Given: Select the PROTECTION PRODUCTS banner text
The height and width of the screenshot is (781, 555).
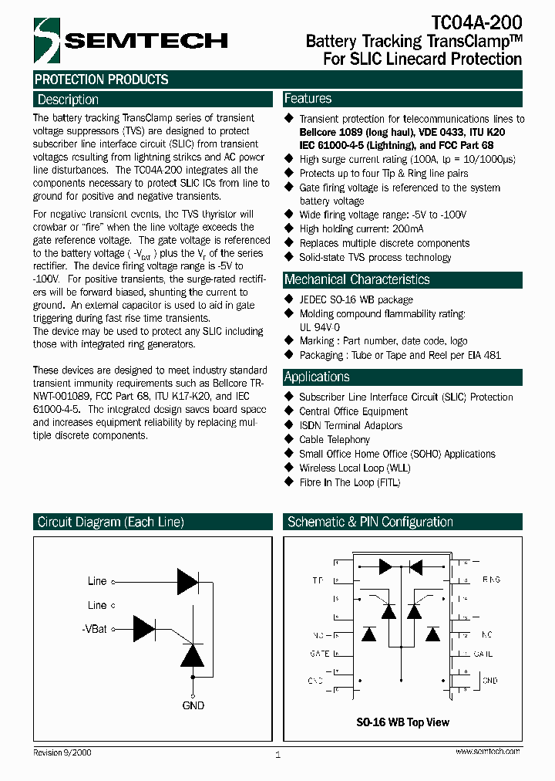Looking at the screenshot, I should pyautogui.click(x=102, y=79).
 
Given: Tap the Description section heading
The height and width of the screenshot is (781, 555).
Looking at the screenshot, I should pyautogui.click(x=68, y=100).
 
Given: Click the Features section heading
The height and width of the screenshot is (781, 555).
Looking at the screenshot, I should pyautogui.click(x=308, y=99).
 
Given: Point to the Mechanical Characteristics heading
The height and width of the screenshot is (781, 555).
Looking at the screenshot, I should pyautogui.click(x=357, y=279).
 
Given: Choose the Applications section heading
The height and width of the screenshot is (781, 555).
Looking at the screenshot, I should pyautogui.click(x=317, y=377).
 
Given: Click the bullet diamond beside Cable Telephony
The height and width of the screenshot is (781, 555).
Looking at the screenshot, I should pyautogui.click(x=290, y=439).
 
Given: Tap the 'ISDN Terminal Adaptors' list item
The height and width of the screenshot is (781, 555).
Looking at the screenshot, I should pyautogui.click(x=351, y=425).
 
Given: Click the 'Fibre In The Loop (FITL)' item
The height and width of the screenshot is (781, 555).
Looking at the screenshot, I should pyautogui.click(x=350, y=482).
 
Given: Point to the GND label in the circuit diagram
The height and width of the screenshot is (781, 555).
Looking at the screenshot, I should pyautogui.click(x=193, y=705).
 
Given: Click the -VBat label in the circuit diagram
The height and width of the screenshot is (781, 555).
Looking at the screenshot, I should pyautogui.click(x=95, y=629).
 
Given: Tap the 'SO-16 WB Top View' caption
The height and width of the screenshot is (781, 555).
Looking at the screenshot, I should pyautogui.click(x=403, y=722).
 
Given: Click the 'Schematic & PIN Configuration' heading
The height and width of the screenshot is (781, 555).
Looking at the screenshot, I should pyautogui.click(x=370, y=522).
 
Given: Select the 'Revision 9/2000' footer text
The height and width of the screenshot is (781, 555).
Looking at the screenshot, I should pyautogui.click(x=62, y=752).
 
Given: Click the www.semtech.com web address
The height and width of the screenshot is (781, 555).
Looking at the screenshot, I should pyautogui.click(x=487, y=751).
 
